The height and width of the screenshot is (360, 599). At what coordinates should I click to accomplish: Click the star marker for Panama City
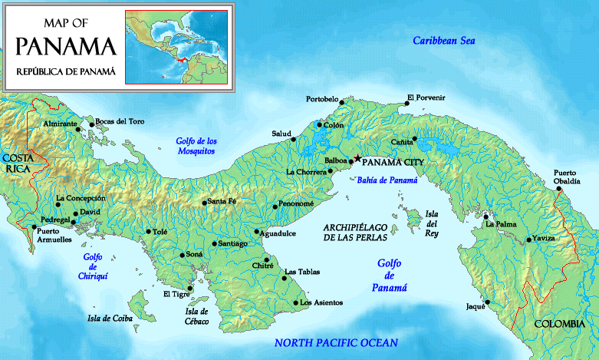[x=357, y=159]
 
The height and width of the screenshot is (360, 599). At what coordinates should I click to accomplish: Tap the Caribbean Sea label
[x=445, y=41]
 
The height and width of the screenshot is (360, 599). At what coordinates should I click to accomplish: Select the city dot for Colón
[x=319, y=125]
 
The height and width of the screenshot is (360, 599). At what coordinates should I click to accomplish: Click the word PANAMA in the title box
[x=66, y=46]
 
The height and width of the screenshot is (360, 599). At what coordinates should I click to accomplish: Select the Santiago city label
[x=233, y=243]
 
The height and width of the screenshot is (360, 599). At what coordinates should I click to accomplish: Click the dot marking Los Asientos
[x=296, y=302]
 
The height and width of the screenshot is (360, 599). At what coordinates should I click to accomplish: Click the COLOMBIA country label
[x=559, y=324]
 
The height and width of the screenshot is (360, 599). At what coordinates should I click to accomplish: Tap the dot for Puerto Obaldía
[x=559, y=188]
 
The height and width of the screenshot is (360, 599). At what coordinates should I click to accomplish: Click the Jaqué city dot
[x=486, y=302]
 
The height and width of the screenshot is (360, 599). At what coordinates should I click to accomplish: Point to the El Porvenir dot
[x=408, y=104]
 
